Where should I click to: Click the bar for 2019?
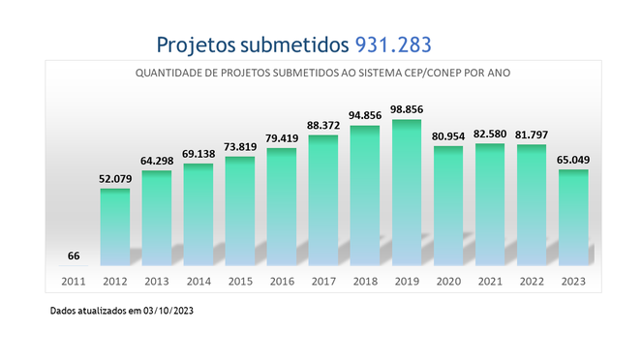click(407, 193)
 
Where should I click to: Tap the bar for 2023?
click(574, 218)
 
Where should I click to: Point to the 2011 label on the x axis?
click(74, 282)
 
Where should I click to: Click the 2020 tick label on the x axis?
click(448, 282)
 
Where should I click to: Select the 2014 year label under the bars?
click(199, 282)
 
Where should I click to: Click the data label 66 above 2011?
click(74, 255)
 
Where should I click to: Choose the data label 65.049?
click(574, 162)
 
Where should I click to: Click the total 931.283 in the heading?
click(393, 45)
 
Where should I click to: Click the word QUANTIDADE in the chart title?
click(168, 73)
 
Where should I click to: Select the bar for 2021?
click(490, 204)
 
